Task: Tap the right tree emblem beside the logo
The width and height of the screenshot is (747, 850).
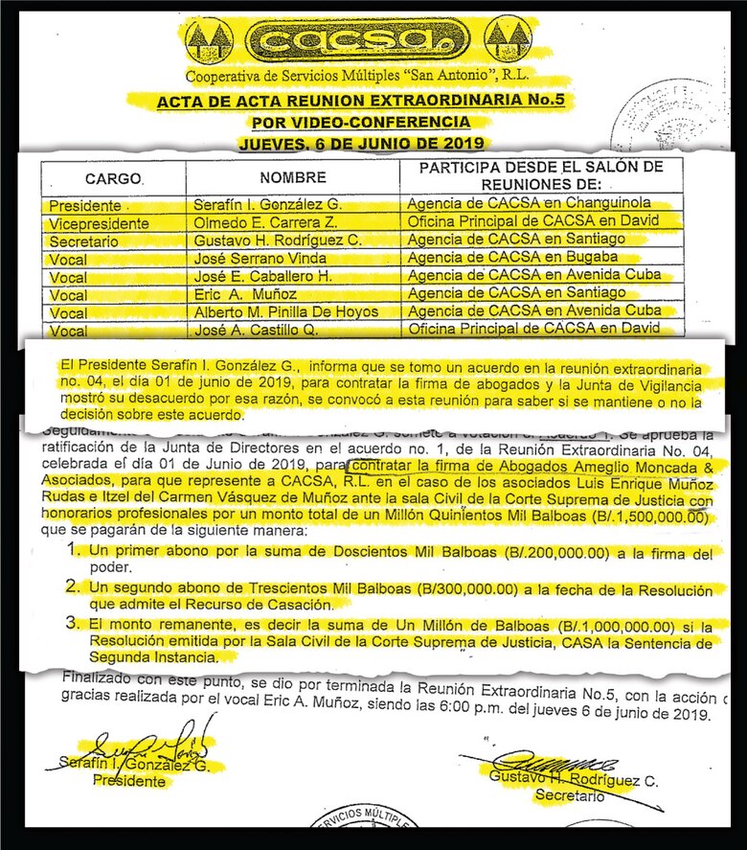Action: (507, 40)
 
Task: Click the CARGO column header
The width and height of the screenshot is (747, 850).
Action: (113, 178)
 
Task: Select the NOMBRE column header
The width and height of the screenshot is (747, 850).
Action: (292, 178)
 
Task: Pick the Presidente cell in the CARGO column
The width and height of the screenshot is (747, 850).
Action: (86, 205)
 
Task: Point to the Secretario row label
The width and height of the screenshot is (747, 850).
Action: (86, 241)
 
